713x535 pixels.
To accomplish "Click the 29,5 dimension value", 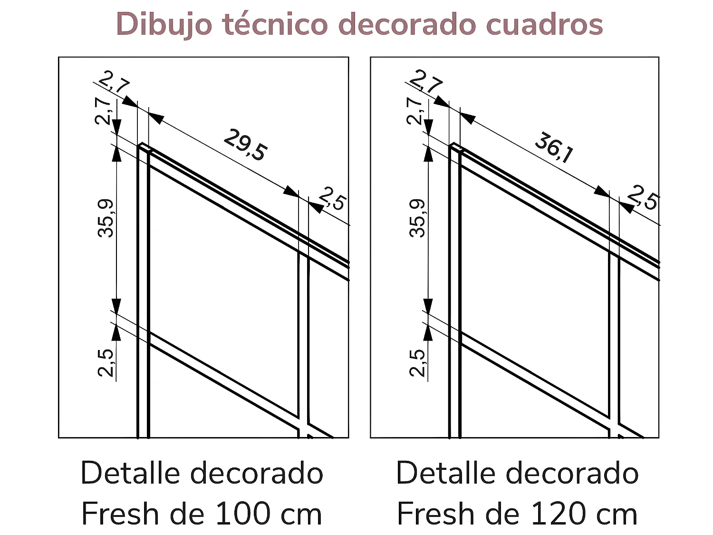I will pos(245,145).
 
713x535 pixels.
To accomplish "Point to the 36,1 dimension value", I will pos(554,147).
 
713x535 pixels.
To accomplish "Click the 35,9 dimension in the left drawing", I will pos(106,218).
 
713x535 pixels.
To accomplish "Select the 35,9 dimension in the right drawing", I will pos(418,218).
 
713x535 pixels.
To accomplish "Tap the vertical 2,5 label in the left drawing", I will pos(106,362).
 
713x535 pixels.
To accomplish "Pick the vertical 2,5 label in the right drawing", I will pos(418,362).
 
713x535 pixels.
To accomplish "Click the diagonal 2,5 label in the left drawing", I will pos(332,198).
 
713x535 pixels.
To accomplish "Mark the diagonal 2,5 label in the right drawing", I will pos(643,197).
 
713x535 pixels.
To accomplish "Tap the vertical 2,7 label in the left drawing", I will pos(103,110).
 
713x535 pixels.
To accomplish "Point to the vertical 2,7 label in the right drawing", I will pos(414,110).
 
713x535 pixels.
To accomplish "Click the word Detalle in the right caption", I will pos(446,474).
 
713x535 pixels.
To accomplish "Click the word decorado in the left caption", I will pos(257,474).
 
